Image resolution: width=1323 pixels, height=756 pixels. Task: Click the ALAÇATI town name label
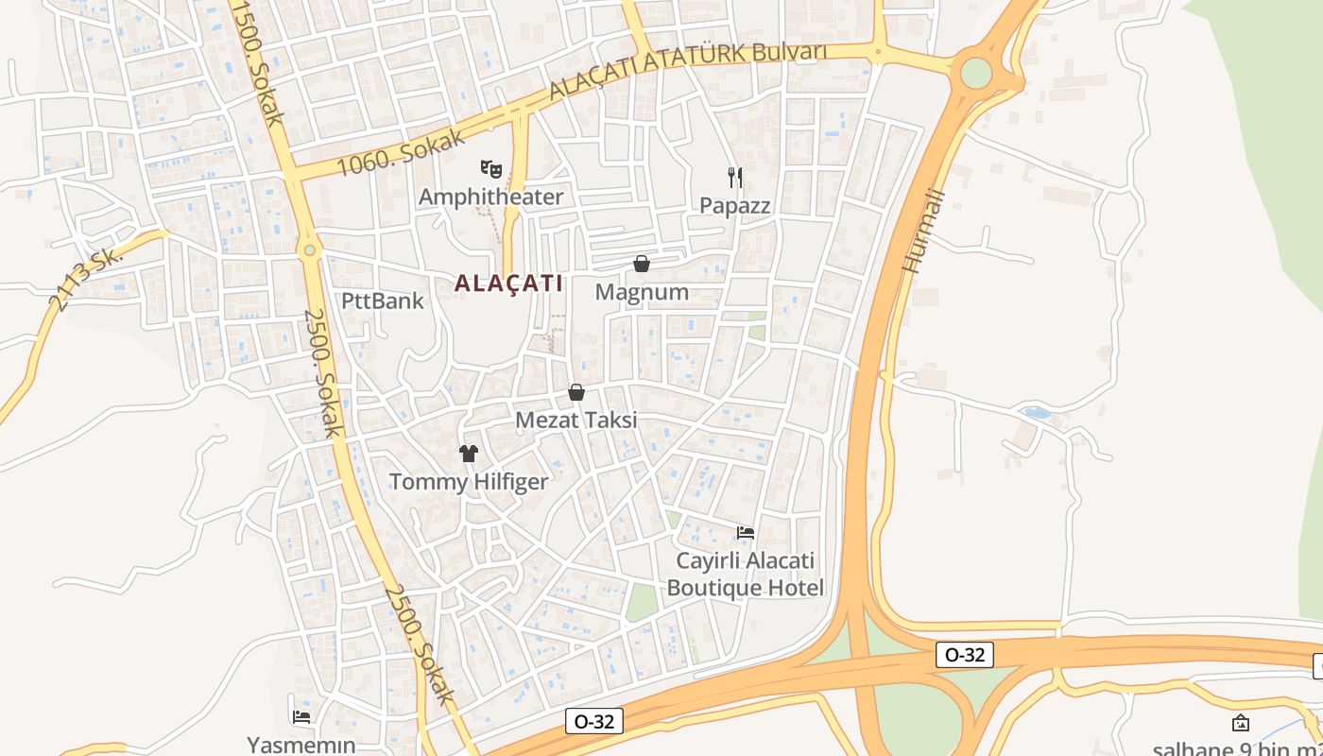coord(508,283)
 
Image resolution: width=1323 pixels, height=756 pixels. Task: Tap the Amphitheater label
coord(490,197)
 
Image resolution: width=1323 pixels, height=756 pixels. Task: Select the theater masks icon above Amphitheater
coord(490,169)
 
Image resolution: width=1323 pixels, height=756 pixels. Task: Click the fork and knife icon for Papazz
coord(735,177)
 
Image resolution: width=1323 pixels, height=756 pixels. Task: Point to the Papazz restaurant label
coord(735,205)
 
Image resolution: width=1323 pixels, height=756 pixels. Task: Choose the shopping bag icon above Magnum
coord(642,264)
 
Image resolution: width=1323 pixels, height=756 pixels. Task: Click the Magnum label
coord(642,292)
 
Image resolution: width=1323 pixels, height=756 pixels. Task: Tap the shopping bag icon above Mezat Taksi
coord(576,392)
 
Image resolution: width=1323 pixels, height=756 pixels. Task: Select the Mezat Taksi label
coord(576,421)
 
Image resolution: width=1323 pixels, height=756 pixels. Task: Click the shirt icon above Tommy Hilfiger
coord(469,454)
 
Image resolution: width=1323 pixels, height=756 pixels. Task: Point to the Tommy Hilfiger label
coord(469,482)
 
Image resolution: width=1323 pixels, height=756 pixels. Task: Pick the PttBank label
coord(383,301)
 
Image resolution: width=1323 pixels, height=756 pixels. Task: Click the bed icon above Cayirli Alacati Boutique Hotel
coord(746,532)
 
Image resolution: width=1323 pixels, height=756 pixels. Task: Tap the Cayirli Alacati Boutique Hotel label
coord(746,575)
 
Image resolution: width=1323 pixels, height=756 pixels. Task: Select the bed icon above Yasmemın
coord(301,717)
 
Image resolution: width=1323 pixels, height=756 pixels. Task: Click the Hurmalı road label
coord(923,231)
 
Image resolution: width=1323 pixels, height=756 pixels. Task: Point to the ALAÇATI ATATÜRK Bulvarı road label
coord(688,70)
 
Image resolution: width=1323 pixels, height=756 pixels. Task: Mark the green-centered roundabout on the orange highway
coord(975,73)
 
